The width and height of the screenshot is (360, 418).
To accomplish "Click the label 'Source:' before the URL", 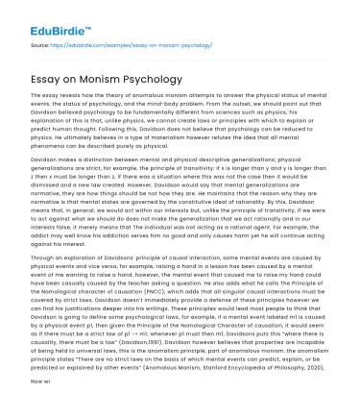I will click(40, 45).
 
